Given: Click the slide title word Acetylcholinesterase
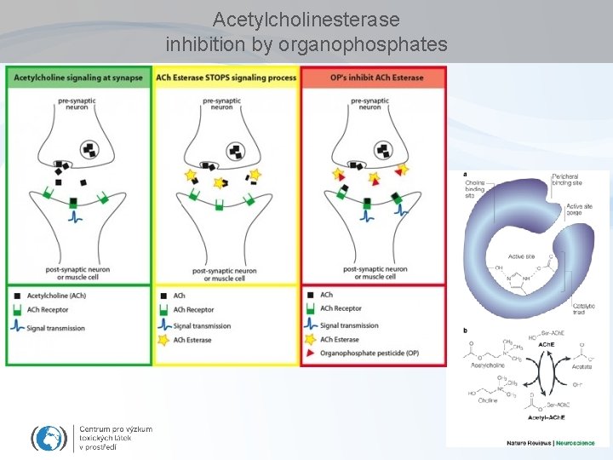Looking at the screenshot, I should [x=306, y=19].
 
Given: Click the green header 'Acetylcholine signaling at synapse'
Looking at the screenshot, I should [x=79, y=78].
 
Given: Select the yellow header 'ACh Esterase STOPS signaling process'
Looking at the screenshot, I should [x=226, y=78].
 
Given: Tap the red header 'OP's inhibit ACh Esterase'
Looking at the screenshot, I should [x=374, y=78].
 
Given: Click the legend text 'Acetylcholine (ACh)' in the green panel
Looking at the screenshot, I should [x=56, y=295].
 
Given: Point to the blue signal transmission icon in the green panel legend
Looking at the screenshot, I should [x=18, y=325].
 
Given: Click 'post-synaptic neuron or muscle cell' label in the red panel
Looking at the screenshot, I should [x=375, y=273].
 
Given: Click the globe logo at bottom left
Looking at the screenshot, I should [x=48, y=438].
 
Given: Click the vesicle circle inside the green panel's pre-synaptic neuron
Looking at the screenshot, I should [x=88, y=151].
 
